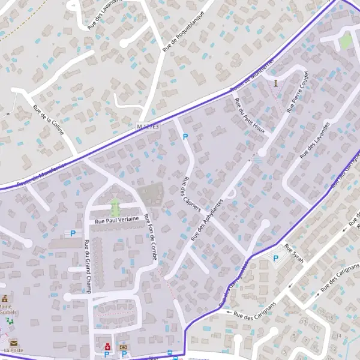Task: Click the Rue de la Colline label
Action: (x=48, y=120)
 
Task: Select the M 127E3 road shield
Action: (x=148, y=127)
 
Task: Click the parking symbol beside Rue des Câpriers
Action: (x=185, y=137)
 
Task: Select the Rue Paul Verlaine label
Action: (x=117, y=220)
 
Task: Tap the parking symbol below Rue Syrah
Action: (x=275, y=259)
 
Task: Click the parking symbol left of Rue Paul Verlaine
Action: (x=73, y=233)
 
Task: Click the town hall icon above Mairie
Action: (x=5, y=298)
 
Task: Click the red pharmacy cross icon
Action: (x=107, y=346)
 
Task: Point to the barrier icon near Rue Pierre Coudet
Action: (x=275, y=82)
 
